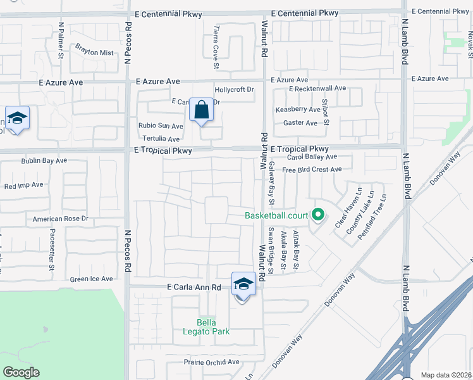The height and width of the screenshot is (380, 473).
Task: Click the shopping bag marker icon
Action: (201, 111)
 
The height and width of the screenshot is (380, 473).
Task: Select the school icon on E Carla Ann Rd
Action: (243, 284)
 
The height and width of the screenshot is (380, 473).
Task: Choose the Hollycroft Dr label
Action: (234, 90)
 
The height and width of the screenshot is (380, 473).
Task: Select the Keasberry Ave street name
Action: (296, 110)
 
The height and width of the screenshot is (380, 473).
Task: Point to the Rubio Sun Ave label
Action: (161, 126)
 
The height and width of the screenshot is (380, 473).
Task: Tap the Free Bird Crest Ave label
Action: (312, 170)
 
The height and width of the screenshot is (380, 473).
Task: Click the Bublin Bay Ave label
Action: (44, 161)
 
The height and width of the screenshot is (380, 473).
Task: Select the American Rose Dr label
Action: (61, 219)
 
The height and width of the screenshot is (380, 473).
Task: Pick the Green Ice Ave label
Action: (92, 279)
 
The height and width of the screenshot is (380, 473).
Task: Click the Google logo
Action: (21, 372)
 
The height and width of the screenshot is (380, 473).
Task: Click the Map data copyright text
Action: (446, 375)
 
